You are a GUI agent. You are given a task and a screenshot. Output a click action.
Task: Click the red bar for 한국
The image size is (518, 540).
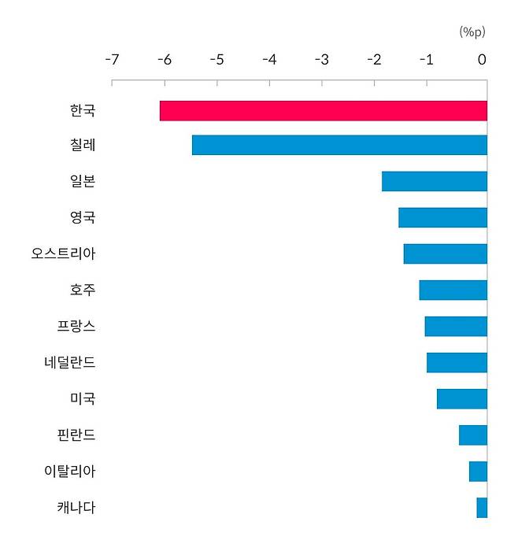point(323,111)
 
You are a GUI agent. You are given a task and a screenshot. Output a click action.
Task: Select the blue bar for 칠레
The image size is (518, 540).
point(339,146)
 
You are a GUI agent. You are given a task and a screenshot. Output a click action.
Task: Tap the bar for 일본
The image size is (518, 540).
point(434,181)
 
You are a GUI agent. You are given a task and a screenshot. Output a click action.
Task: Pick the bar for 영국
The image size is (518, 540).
point(442,217)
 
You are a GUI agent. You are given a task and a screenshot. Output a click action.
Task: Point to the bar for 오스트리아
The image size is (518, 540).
point(445,253)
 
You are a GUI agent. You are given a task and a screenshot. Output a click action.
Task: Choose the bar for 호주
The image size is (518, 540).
point(453,290)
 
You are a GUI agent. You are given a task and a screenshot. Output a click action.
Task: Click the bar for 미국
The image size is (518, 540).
point(461,399)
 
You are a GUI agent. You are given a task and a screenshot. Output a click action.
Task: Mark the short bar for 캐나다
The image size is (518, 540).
point(482,508)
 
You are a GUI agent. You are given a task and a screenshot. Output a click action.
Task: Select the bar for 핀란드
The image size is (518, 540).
point(472,435)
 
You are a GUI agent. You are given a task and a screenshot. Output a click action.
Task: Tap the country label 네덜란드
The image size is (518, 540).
point(70,362)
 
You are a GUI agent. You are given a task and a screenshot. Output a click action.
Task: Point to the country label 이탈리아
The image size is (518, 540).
point(70,472)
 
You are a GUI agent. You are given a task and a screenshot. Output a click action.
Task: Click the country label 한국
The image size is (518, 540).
point(83,110)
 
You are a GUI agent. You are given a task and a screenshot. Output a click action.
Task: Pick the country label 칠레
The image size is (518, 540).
point(83,146)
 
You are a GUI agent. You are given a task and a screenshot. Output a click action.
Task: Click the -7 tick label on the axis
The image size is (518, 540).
point(112,60)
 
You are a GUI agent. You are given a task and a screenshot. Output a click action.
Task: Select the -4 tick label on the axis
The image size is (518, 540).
point(269,60)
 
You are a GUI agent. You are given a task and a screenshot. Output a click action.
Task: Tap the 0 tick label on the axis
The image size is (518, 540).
point(482,60)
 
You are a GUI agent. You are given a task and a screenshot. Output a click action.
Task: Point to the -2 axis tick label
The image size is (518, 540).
point(375,60)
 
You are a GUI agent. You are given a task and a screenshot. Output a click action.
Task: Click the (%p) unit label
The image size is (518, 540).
point(472,31)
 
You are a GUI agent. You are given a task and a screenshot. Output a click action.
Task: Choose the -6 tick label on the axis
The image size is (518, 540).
point(164,60)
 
